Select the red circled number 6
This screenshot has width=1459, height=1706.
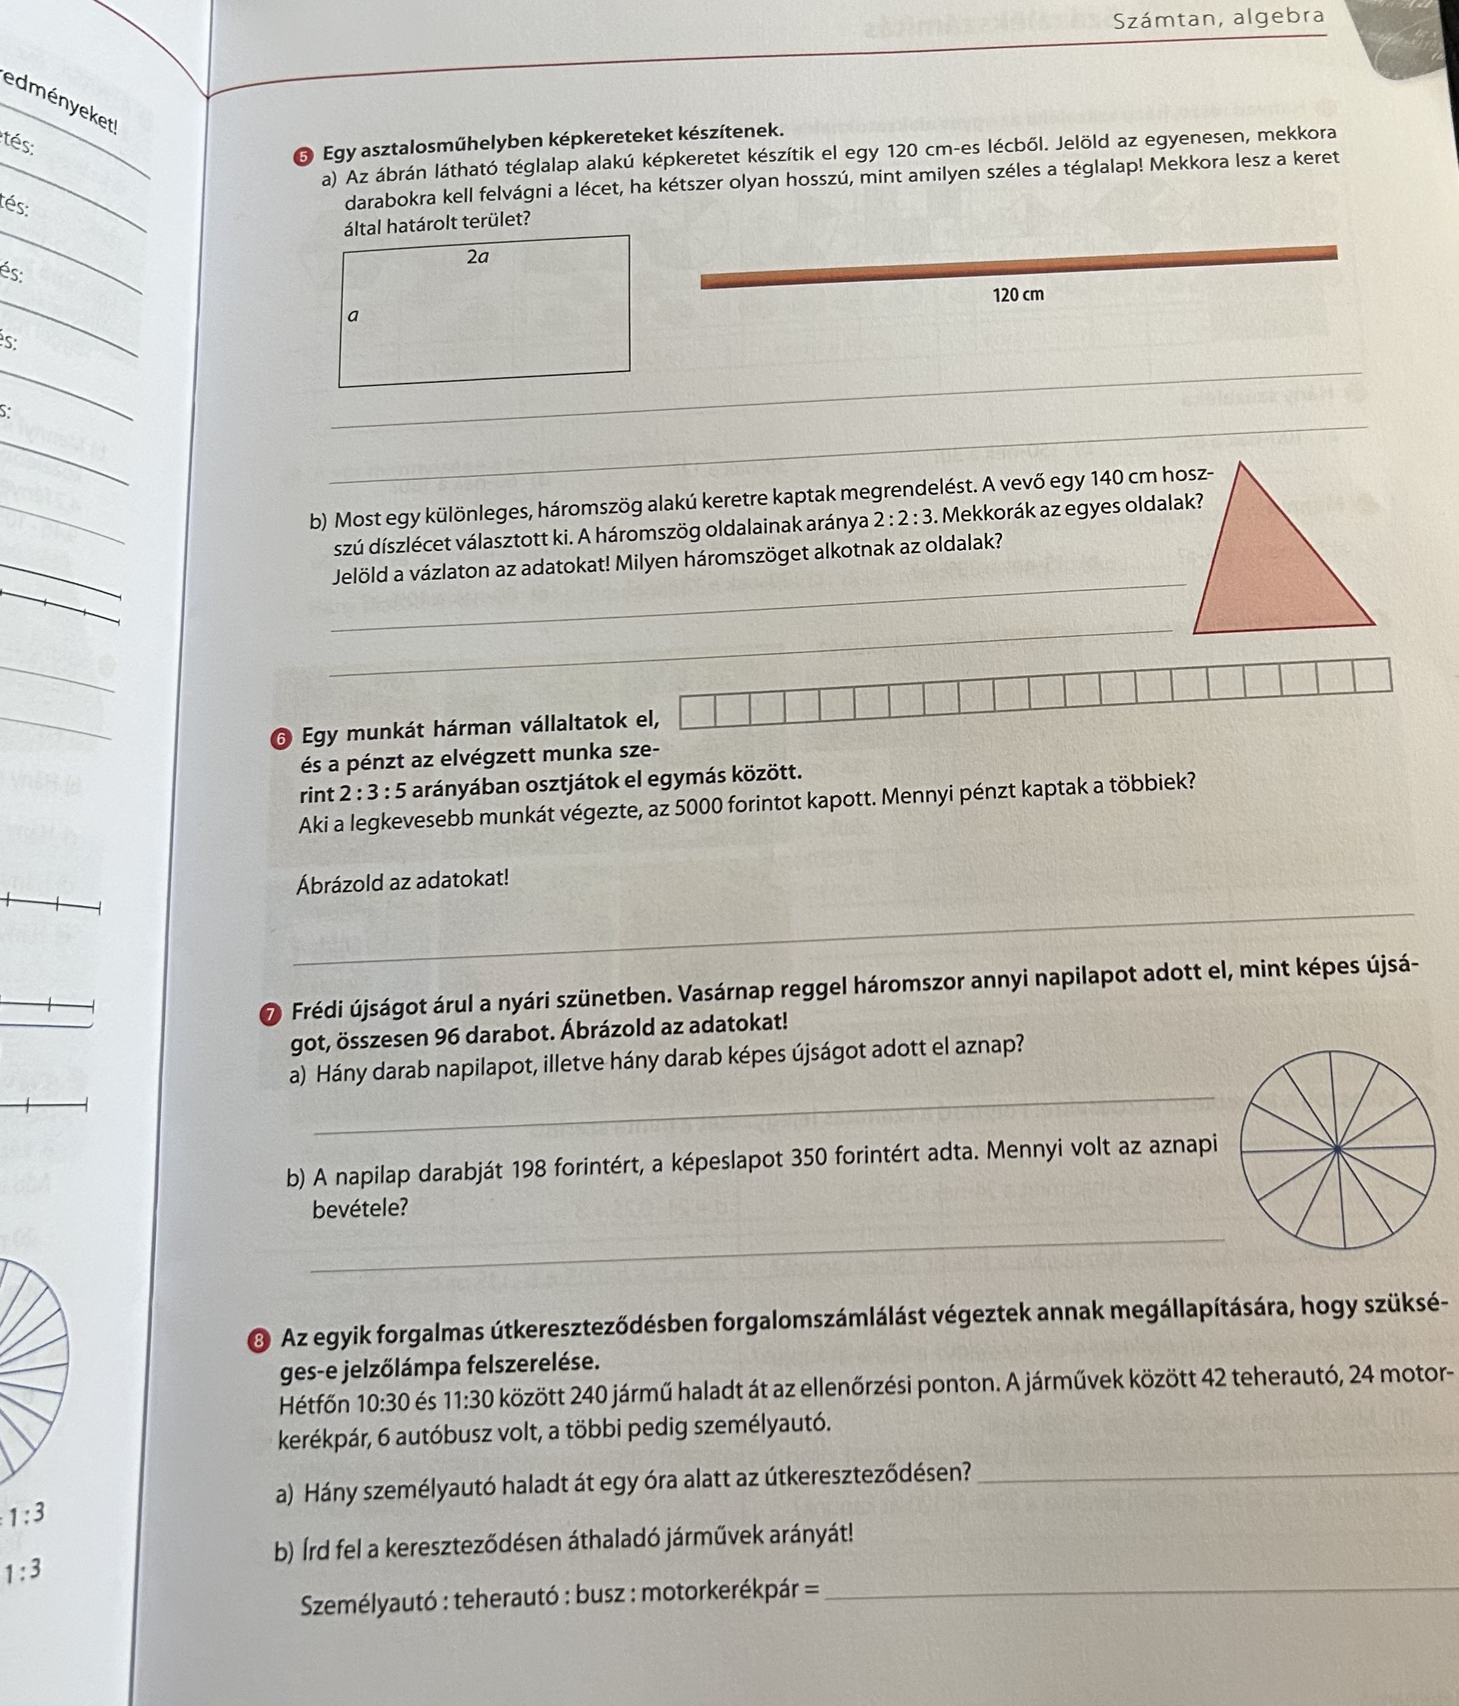281,739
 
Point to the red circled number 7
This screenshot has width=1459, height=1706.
268,1016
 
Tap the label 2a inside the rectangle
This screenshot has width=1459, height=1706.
477,257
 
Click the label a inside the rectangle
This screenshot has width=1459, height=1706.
353,315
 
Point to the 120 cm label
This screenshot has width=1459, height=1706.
1018,295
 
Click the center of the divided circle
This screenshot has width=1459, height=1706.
1337,1149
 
